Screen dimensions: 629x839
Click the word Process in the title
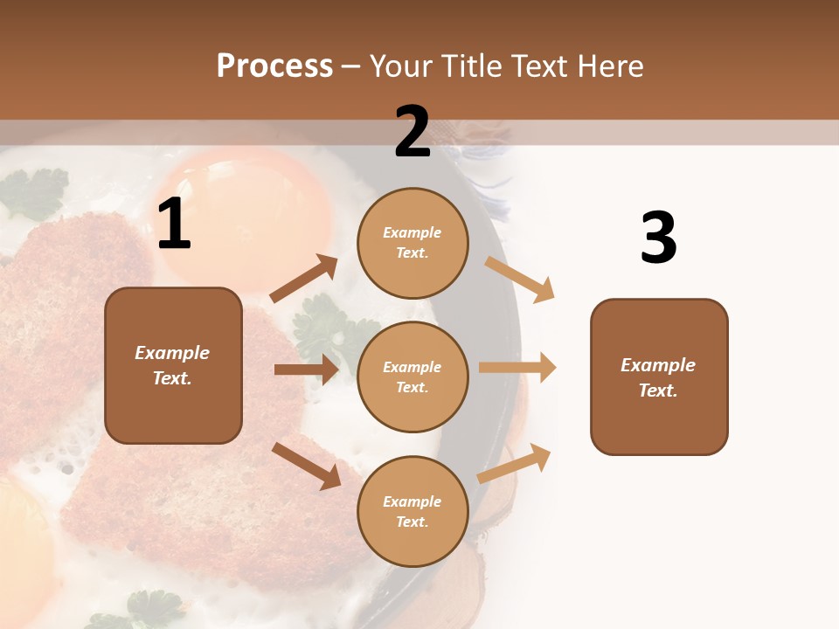[x=274, y=66]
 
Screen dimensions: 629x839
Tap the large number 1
[x=174, y=225]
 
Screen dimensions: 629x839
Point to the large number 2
[x=413, y=132]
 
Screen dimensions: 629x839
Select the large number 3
[x=658, y=238]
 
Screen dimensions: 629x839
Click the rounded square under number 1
[x=173, y=365]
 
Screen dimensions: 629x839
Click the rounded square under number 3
[x=659, y=377]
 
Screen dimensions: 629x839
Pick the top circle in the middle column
[x=413, y=243]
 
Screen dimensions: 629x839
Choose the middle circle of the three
[x=413, y=377]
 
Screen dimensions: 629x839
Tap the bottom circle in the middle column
[x=413, y=511]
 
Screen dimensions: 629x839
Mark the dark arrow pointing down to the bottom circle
[x=306, y=465]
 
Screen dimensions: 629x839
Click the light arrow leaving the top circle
[x=519, y=279]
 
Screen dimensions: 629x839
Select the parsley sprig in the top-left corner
[x=33, y=192]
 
